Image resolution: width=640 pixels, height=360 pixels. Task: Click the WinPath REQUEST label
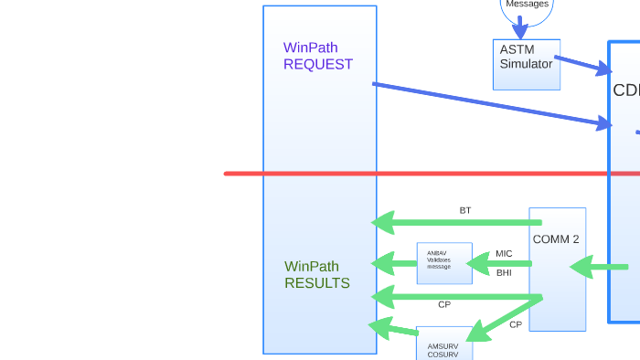[x=317, y=56]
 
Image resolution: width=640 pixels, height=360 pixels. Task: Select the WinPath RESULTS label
[x=316, y=274]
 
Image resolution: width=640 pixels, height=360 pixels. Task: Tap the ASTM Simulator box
[x=526, y=64]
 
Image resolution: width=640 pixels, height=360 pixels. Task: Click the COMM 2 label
[x=556, y=239]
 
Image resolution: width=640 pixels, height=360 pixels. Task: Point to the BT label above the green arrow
[x=465, y=210]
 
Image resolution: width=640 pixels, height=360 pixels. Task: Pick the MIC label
[x=504, y=253]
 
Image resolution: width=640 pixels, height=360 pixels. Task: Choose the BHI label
[x=504, y=272]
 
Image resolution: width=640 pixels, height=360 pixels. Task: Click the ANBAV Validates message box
[x=444, y=263]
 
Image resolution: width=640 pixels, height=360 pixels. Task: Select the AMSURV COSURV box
[x=443, y=344]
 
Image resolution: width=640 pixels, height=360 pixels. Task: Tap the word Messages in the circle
[x=528, y=5]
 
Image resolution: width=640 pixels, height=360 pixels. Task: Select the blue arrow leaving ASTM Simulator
[x=581, y=65]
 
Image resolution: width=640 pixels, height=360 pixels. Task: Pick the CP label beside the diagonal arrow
[x=516, y=324]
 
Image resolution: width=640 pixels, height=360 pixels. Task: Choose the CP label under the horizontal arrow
[x=444, y=304]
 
